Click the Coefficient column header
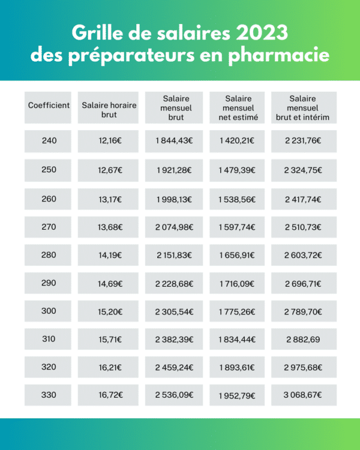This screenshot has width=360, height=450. [x=49, y=106]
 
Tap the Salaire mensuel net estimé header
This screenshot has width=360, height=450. [x=238, y=108]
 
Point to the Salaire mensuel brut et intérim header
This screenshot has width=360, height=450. [x=302, y=108]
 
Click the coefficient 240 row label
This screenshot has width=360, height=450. [x=49, y=141]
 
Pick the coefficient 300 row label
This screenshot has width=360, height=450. [x=49, y=311]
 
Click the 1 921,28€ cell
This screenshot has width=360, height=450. [x=175, y=170]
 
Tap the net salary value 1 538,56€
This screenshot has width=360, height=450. [x=238, y=199]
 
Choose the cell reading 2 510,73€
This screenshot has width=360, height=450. [x=302, y=227]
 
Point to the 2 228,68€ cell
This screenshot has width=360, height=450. [x=175, y=283]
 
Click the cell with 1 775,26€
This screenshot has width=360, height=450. [x=238, y=311]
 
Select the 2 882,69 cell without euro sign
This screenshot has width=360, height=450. [x=302, y=340]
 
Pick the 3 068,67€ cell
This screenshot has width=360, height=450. [x=302, y=395]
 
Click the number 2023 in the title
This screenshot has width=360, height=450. [x=261, y=31]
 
